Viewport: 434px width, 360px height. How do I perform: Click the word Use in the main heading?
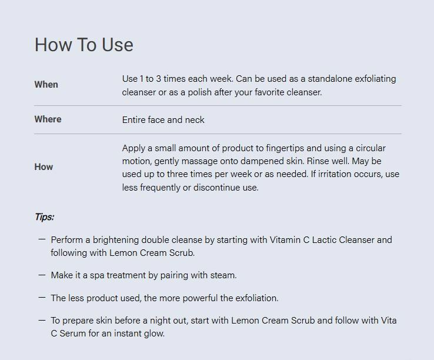click(118, 45)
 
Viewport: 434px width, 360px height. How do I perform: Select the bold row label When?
click(46, 85)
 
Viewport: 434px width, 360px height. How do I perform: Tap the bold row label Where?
click(48, 119)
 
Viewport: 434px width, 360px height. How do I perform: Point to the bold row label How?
click(44, 166)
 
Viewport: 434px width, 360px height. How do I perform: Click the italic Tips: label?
click(44, 217)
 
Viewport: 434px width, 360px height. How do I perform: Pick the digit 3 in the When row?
click(158, 79)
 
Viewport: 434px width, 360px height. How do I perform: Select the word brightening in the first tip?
click(116, 240)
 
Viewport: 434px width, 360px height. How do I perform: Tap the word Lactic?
click(325, 239)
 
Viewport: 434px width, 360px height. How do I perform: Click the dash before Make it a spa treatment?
click(42, 275)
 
